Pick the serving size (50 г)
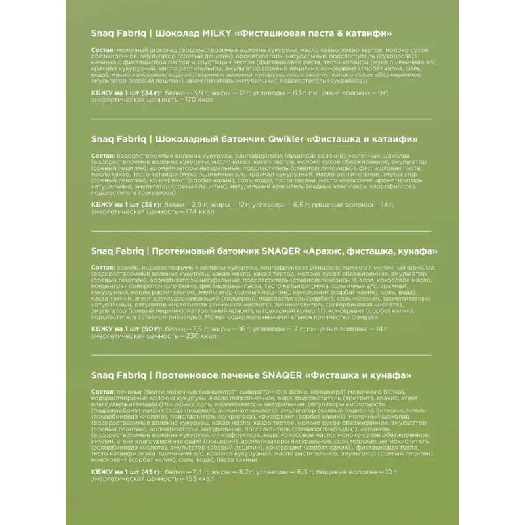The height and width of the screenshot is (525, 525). pos(149,327)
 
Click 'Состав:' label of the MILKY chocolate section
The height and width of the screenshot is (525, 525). pos(102,51)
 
